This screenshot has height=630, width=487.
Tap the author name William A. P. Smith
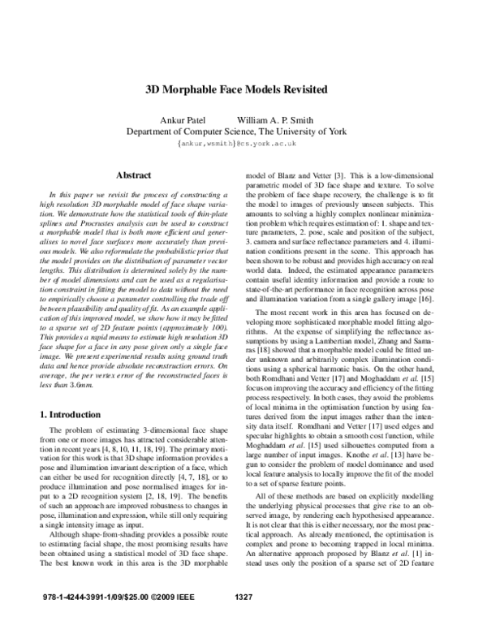[x=280, y=119]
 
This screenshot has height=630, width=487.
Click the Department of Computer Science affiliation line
[x=243, y=131]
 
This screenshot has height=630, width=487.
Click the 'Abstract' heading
[x=135, y=175]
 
